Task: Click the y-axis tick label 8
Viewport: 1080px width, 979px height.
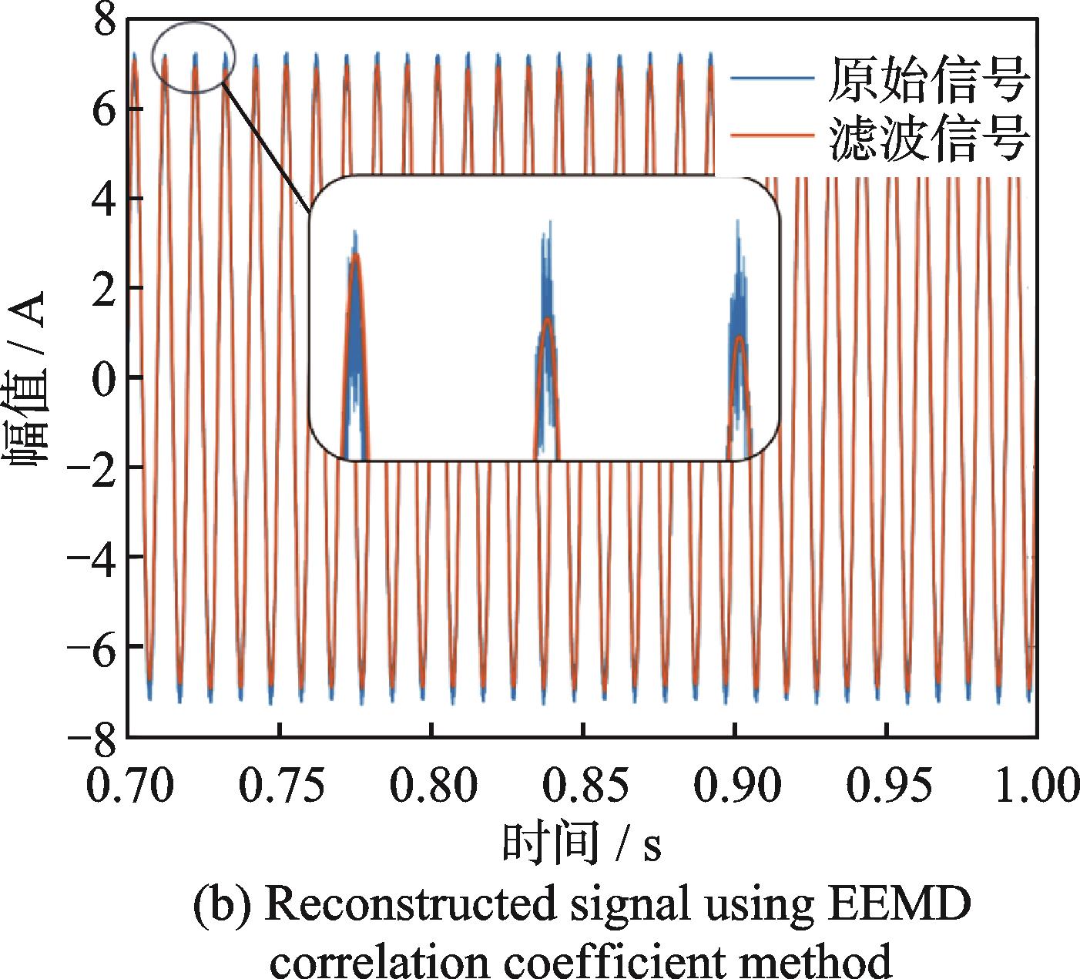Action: [x=103, y=20]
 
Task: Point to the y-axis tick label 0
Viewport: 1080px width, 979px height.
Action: [x=103, y=377]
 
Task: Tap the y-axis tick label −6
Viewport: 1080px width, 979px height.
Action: [x=90, y=645]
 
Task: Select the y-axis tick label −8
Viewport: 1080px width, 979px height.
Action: [x=90, y=735]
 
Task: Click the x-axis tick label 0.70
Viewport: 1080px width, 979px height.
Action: [x=128, y=786]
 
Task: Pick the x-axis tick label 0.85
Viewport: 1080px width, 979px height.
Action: [x=583, y=786]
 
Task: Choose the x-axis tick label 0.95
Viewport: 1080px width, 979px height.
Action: [x=887, y=786]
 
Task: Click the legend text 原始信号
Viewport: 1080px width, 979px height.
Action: [x=928, y=79]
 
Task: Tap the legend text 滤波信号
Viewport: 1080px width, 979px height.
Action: [x=928, y=139]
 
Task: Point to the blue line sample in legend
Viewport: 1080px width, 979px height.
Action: [x=772, y=78]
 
